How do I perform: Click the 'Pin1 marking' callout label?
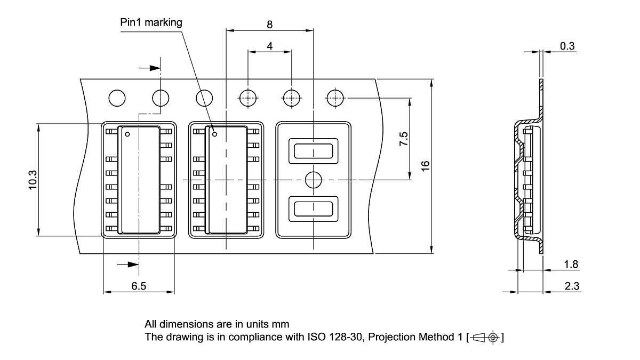coord(151,22)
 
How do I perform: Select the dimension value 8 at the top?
coord(270,24)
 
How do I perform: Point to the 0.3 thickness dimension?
coord(567,46)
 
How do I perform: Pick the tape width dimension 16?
coord(425,166)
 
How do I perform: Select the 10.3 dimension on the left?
coord(32,180)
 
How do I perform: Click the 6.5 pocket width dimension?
coord(139,286)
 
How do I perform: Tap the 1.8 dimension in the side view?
coord(571,265)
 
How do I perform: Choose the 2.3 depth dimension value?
coord(571,286)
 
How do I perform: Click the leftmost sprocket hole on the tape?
coord(117,98)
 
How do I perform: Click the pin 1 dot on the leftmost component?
coord(127,134)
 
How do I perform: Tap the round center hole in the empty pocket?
coord(313,180)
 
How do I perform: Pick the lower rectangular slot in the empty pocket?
coord(313,209)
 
